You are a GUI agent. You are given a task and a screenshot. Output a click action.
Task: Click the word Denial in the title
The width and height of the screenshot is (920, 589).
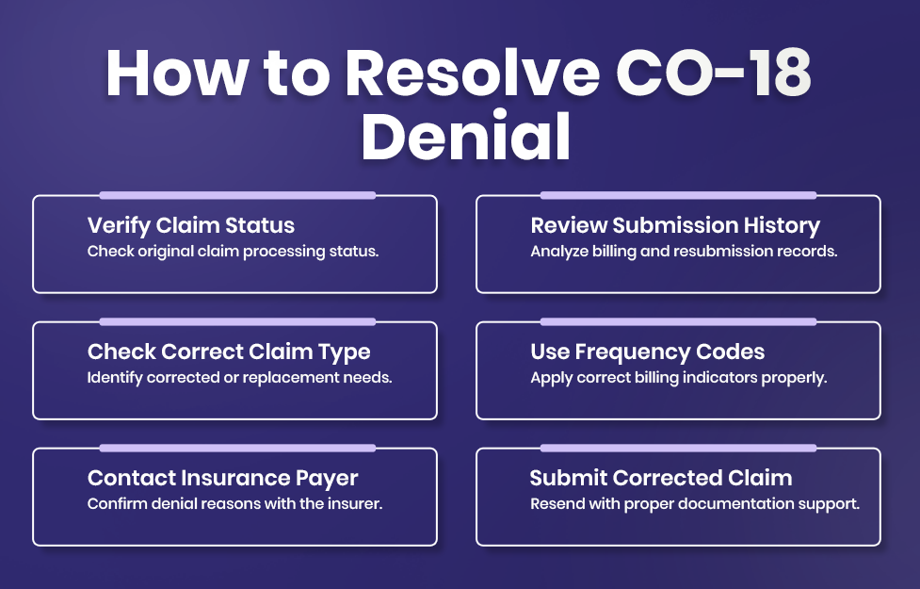tap(466, 136)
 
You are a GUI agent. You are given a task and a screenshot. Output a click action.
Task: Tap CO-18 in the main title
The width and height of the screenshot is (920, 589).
tap(714, 73)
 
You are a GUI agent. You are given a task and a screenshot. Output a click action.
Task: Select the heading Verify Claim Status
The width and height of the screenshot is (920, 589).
tap(191, 225)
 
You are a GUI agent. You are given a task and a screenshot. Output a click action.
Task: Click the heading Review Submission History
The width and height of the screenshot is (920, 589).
tap(675, 225)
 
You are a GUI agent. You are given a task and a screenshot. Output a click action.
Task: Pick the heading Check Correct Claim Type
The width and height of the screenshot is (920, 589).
tap(229, 352)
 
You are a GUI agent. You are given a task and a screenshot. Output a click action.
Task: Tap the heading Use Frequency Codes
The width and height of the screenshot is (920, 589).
tap(648, 352)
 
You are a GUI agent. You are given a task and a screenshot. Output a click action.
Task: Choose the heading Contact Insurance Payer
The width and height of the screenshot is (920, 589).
tap(222, 478)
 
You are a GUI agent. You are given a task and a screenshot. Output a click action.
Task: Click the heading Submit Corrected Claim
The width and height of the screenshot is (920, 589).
tap(661, 478)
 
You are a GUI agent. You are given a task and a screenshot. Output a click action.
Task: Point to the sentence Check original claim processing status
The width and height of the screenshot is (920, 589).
tap(233, 252)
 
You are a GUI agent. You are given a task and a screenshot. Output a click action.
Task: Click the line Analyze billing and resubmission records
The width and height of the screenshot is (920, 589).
tap(684, 252)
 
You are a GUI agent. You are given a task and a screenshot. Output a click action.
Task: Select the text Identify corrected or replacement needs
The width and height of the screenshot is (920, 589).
tap(239, 378)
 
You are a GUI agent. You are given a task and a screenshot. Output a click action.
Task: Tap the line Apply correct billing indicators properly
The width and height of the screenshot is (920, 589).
tap(679, 378)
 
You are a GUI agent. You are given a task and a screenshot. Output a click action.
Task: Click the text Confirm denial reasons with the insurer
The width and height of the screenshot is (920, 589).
tap(234, 504)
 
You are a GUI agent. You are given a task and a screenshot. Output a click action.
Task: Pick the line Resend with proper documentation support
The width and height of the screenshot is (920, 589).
tap(695, 504)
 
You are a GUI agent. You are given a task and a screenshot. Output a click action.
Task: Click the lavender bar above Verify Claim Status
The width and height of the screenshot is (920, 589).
tap(237, 195)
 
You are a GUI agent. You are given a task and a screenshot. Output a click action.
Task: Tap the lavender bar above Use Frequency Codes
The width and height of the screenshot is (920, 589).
tap(678, 321)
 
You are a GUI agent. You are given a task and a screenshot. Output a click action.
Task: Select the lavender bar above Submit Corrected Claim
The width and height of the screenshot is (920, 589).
tap(678, 448)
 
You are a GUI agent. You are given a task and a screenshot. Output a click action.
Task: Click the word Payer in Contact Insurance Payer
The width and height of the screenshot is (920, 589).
tap(326, 479)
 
